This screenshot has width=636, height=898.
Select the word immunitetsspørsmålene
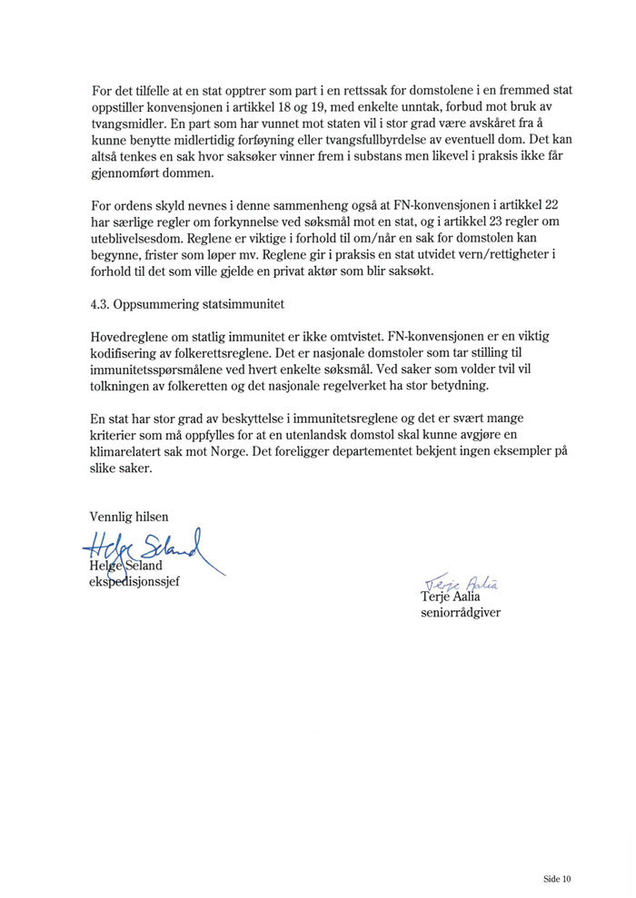pos(157,370)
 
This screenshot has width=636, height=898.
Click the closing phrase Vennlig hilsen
pos(129,517)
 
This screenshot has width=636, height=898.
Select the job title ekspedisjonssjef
pos(134,582)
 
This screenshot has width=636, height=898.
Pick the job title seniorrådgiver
pos(461,613)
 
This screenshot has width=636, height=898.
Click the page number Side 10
pos(557,879)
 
